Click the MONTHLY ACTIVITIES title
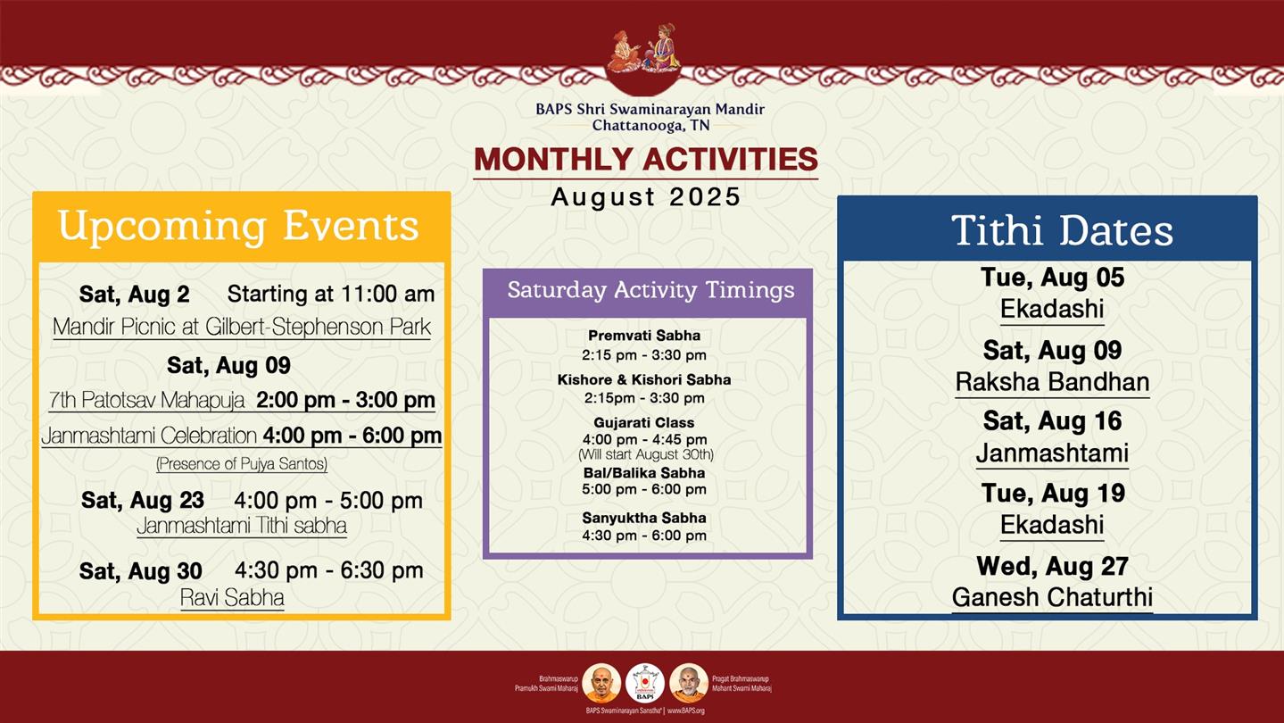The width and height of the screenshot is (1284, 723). pos(645,160)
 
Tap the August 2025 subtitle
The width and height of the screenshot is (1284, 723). pos(645,196)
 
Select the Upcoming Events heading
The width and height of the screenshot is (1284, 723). pos(238,226)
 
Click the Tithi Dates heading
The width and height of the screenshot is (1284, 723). pos(1062,230)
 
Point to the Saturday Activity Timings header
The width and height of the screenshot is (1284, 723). pos(650,290)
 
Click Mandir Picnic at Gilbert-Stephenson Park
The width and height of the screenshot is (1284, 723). pos(241,327)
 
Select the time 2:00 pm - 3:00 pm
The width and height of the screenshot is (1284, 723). pos(345,400)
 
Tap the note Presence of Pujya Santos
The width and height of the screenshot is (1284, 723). pos(242,463)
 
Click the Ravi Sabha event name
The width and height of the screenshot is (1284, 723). pos(232,597)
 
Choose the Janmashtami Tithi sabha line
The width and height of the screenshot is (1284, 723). pos(241,526)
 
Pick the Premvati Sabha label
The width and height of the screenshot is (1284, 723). pos(644,336)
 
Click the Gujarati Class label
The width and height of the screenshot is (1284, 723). pos(644,422)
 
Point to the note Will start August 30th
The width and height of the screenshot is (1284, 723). pos(645,454)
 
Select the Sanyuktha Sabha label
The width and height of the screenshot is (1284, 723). pos(644,518)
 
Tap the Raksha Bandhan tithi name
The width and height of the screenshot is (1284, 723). pos(1052,382)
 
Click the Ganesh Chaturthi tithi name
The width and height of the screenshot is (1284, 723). pos(1052,597)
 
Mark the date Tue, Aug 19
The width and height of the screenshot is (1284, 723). pos(1053,493)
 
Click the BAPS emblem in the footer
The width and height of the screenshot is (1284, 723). pos(645,683)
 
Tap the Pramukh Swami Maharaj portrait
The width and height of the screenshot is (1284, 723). pos(601,683)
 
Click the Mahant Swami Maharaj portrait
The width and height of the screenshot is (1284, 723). pos(689,683)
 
